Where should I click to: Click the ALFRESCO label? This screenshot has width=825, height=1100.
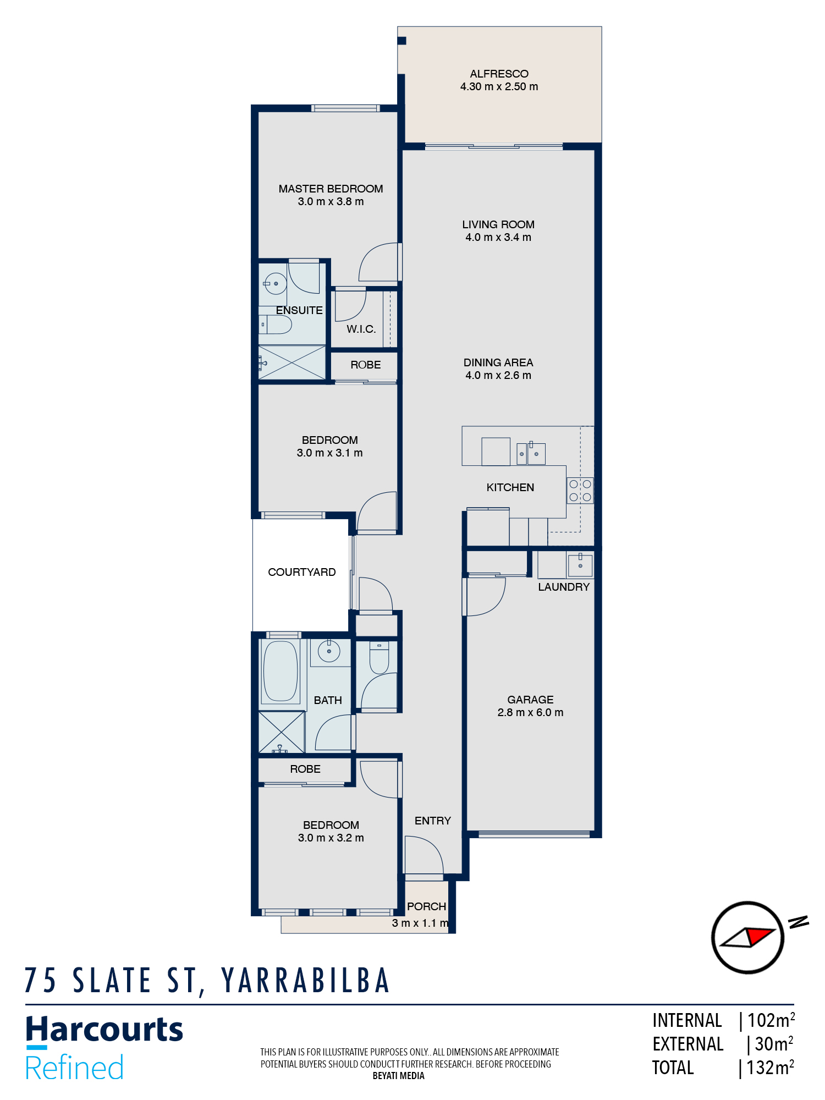pos(499,74)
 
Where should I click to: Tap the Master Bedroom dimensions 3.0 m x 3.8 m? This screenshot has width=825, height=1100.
pos(331,202)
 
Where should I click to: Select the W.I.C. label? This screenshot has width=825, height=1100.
pos(361,329)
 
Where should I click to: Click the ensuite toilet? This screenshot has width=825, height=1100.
pos(275,324)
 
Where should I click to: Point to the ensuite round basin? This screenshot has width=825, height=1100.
pos(275,284)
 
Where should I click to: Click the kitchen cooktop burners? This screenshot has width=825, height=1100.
pos(580,491)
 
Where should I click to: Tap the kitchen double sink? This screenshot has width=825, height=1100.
pos(531,454)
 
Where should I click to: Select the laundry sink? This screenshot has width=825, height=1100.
pos(580,565)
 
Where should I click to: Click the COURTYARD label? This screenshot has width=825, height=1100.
pos(301,572)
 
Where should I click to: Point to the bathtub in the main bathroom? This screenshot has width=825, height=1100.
pos(280,671)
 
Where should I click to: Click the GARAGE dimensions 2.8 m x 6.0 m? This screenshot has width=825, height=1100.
pos(530,713)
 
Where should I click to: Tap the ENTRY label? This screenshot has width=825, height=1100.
pos(432,821)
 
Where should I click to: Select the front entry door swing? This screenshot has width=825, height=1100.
pos(424,854)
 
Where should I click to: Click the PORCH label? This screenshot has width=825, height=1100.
pos(426,906)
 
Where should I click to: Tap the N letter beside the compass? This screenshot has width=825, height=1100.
pos(798,922)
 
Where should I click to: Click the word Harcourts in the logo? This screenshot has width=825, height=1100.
pos(105,1030)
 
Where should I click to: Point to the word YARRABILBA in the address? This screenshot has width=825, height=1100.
pos(306,981)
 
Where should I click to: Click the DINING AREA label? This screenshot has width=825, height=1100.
pos(498,362)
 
